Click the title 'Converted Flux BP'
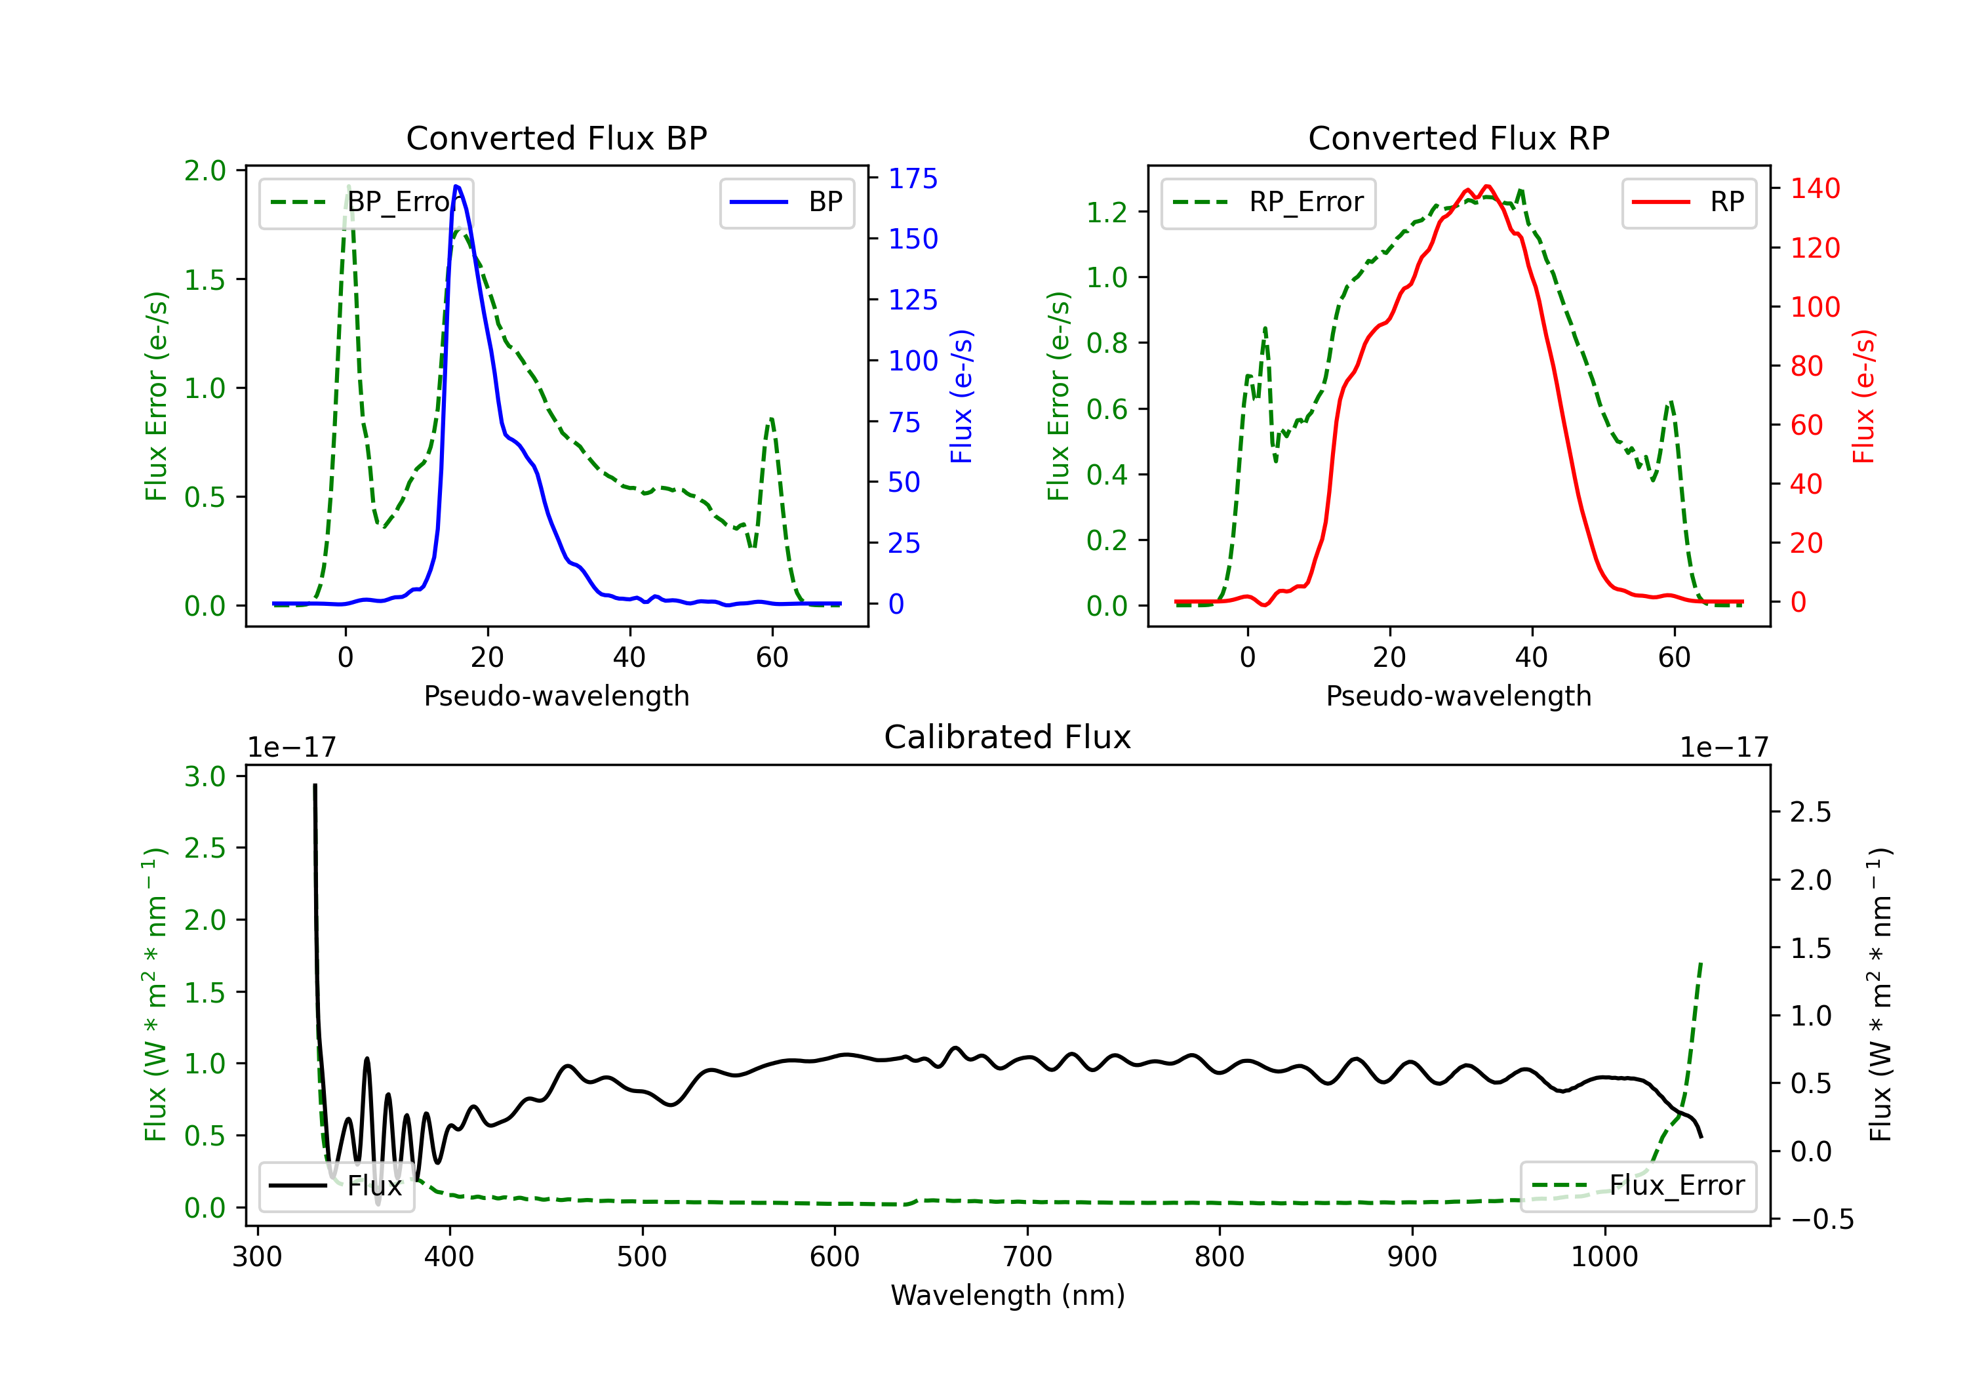(556, 138)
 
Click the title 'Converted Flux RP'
(1458, 138)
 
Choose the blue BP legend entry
(786, 202)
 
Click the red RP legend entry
(1688, 202)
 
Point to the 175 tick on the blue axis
(913, 178)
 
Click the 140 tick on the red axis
(1814, 188)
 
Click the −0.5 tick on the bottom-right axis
(1821, 1220)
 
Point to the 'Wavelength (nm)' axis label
(1008, 1295)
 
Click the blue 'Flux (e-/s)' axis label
(961, 396)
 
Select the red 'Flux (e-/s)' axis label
(1863, 396)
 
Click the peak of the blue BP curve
(456, 186)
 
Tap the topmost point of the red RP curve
(1486, 186)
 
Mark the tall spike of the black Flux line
(315, 786)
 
